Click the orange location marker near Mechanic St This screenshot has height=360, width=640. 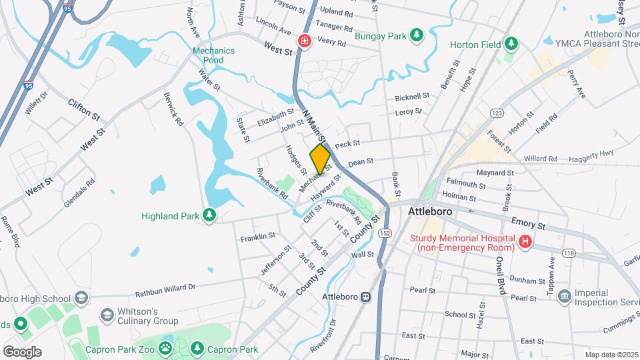(320, 159)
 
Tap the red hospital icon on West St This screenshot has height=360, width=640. (305, 41)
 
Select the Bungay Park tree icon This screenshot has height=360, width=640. (417, 35)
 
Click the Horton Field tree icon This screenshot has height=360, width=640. (511, 44)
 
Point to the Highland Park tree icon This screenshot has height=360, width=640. (209, 215)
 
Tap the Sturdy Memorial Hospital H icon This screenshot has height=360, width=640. (525, 243)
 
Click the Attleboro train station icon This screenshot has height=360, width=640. (365, 297)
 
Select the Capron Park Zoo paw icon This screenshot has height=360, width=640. (165, 349)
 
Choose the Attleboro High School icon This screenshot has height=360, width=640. (83, 297)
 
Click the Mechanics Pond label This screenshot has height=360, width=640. (213, 55)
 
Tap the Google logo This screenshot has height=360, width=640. (22, 351)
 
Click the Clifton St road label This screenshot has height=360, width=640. (83, 109)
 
